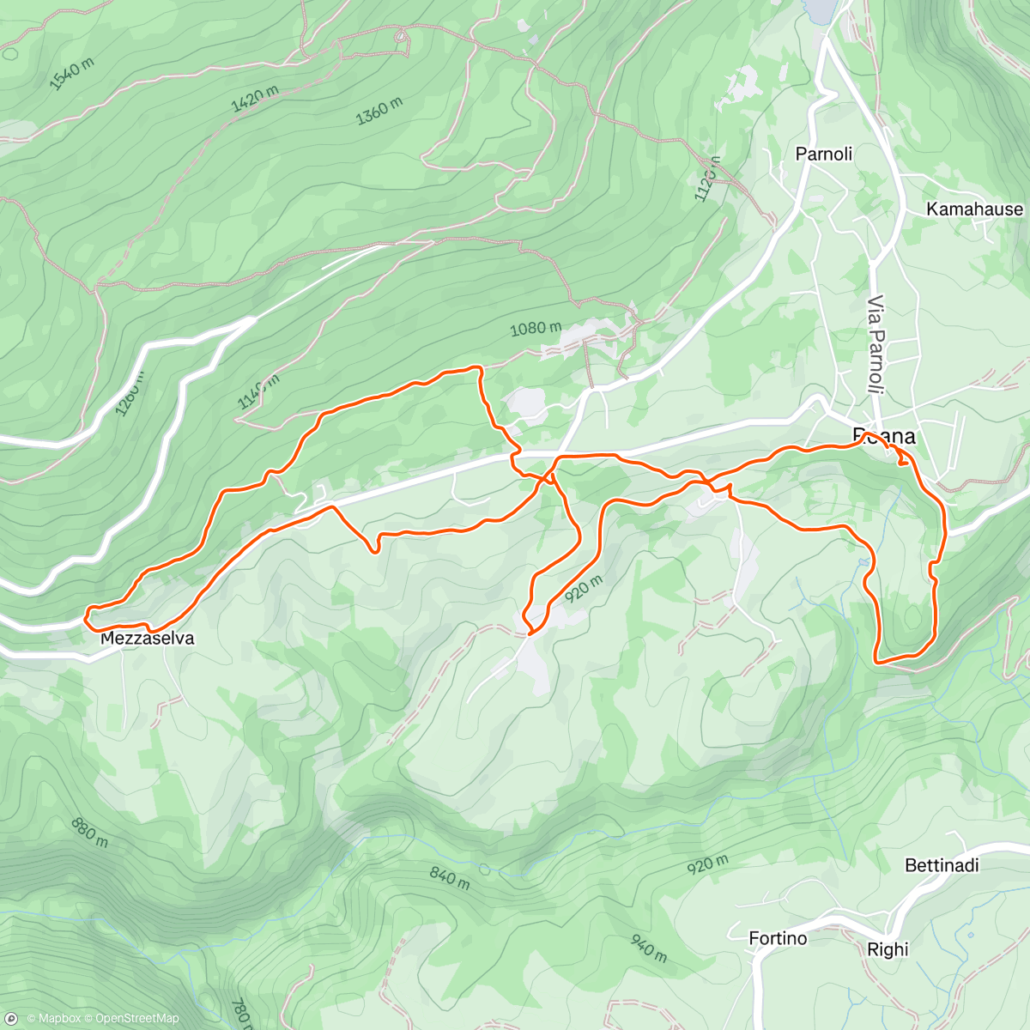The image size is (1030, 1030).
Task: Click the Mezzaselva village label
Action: point(147,639)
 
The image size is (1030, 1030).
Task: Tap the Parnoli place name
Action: point(824,154)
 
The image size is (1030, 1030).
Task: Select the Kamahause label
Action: point(974,209)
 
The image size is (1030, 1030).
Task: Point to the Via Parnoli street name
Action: point(875,344)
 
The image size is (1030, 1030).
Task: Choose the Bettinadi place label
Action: point(942,865)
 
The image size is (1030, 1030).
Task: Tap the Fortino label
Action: point(778,938)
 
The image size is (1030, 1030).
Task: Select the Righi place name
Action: point(888,949)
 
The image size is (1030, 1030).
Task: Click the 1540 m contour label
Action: point(71,75)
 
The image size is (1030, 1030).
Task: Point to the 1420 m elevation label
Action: point(255,100)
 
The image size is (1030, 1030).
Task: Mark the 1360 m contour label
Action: point(379,111)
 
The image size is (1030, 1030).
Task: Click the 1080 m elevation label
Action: point(536,328)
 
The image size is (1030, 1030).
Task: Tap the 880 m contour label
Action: point(90,833)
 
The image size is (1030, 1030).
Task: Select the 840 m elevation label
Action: point(450,878)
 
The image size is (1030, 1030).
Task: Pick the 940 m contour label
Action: point(649,948)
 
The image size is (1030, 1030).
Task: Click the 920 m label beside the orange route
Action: point(584,589)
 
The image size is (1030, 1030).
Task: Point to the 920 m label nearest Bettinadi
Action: point(708,864)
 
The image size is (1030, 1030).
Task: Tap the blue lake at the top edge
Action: point(820,10)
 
